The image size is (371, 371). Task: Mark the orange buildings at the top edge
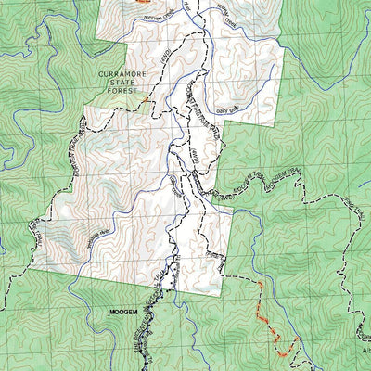tap(142, 3)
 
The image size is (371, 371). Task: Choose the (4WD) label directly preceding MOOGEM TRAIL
tap(224, 197)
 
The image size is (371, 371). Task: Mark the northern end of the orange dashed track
tap(261, 282)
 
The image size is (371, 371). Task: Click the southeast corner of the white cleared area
tap(228, 274)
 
